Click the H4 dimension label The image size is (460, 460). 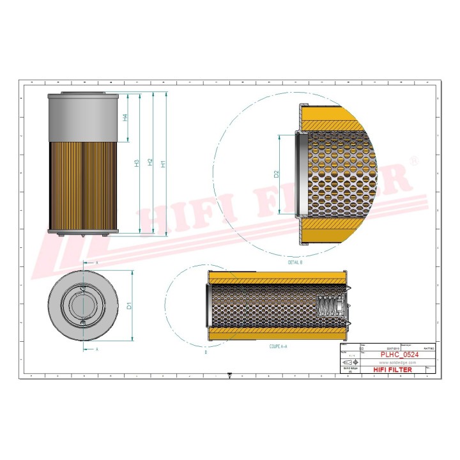click(x=126, y=117)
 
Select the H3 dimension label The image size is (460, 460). click(x=137, y=163)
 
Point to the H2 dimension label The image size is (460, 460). click(x=150, y=163)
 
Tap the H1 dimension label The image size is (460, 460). click(x=164, y=163)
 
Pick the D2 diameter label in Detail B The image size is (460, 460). click(x=277, y=174)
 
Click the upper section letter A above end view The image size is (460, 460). click(x=96, y=263)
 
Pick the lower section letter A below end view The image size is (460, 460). click(x=96, y=349)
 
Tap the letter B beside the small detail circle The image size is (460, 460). click(x=205, y=352)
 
